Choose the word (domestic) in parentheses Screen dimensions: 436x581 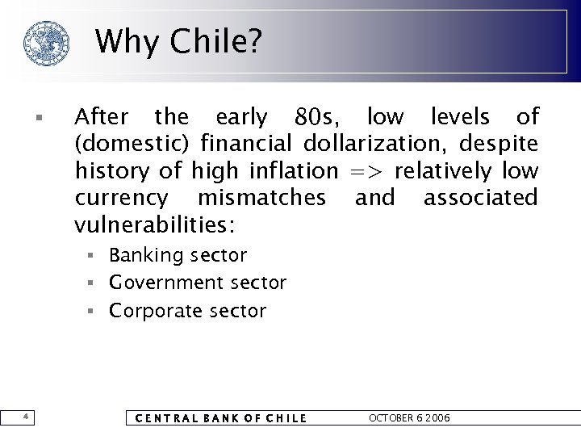click(x=133, y=145)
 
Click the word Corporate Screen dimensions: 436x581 click(x=153, y=311)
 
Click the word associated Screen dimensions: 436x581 click(x=480, y=198)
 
